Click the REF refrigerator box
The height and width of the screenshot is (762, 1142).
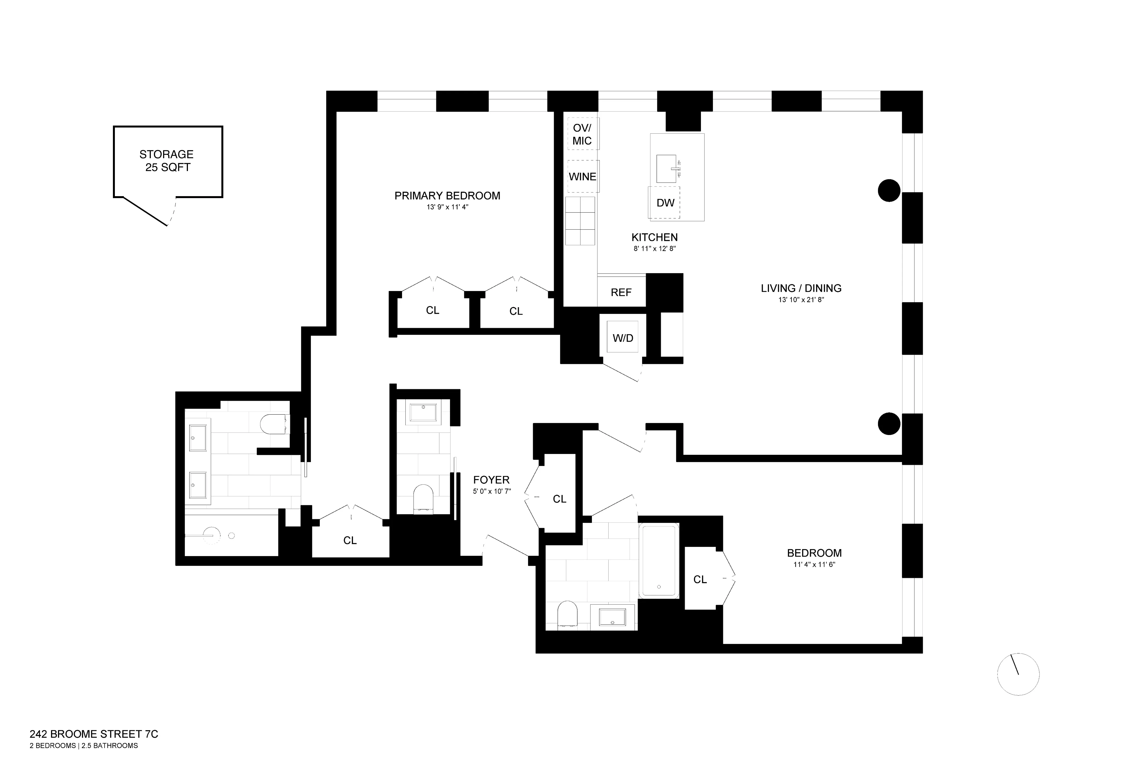click(621, 292)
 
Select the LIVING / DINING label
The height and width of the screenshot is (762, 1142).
click(801, 288)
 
